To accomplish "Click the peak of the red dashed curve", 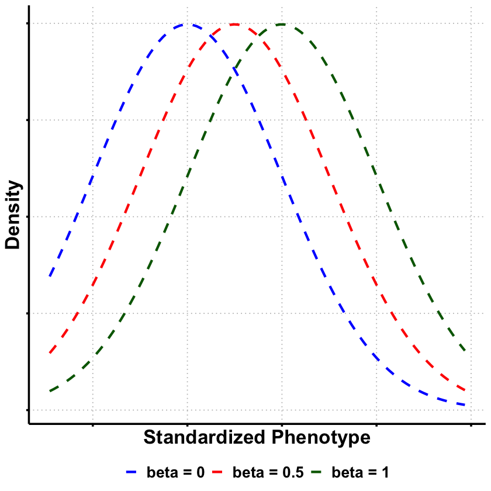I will click(234, 24).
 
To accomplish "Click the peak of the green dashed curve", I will click(282, 24).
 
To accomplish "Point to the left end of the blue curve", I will click(50, 276).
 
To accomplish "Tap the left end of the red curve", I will click(50, 353).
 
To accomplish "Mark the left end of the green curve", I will click(50, 390).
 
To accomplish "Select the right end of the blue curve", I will click(465, 404).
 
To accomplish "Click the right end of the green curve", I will click(465, 352).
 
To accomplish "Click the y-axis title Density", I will click(13, 216).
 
